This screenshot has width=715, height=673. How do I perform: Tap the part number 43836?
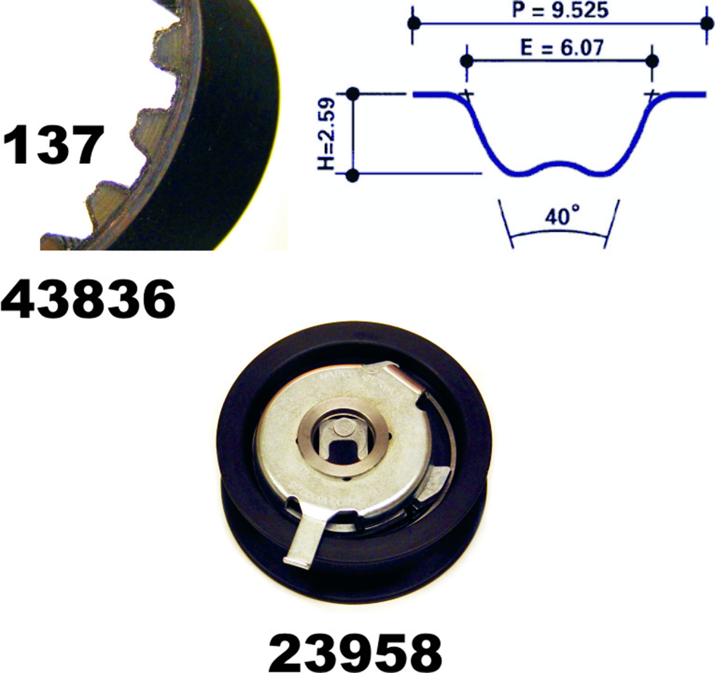click(x=88, y=299)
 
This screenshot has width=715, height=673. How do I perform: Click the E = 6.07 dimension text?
click(x=562, y=48)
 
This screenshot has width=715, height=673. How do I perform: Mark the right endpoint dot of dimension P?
click(x=706, y=24)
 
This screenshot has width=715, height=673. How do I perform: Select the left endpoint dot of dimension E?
click(x=467, y=61)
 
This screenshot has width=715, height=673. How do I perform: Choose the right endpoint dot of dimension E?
click(x=652, y=61)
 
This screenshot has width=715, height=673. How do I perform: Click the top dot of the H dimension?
click(x=353, y=95)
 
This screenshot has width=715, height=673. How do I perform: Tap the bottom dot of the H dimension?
click(x=353, y=176)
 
